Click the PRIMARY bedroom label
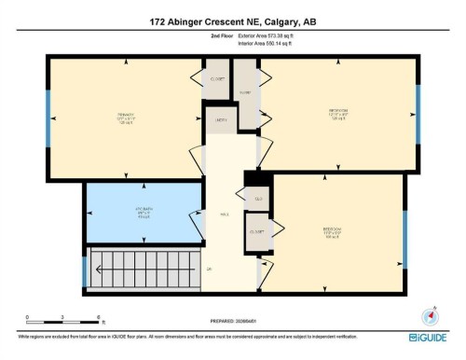click(127, 118)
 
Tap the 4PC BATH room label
click(143, 211)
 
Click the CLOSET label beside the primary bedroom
click(217, 79)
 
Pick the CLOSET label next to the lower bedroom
click(256, 230)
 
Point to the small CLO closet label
click(257, 198)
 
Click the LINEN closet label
click(221, 119)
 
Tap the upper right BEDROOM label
click(337, 114)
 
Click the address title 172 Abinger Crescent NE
click(232, 21)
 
